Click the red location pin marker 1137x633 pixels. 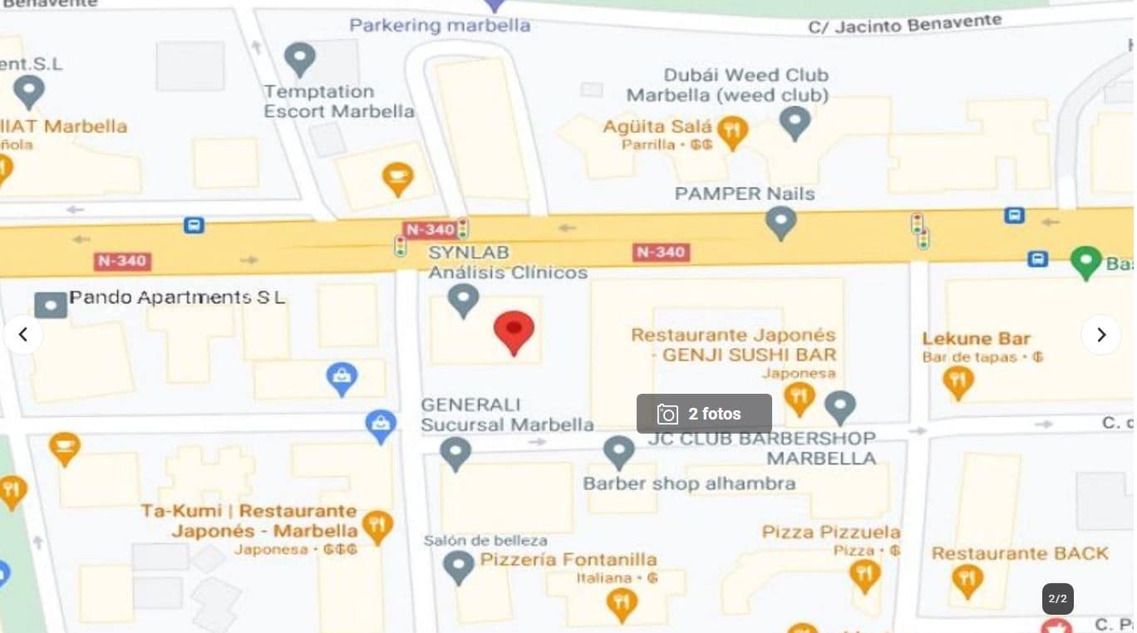(514, 331)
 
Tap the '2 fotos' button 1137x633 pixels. (704, 414)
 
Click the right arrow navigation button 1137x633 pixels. (1100, 335)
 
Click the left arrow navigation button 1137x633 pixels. (23, 335)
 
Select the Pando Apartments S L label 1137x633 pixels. (176, 297)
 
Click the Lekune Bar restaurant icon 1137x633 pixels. (958, 381)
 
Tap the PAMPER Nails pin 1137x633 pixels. (780, 222)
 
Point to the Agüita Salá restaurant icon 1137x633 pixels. (731, 131)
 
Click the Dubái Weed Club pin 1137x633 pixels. (795, 121)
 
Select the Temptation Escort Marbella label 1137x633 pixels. (338, 101)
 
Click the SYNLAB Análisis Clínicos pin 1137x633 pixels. (463, 299)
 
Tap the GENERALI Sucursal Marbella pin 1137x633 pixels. (455, 454)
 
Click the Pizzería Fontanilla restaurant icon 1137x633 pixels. (622, 603)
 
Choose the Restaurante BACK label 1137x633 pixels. (1020, 553)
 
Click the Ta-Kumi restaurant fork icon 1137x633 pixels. (377, 526)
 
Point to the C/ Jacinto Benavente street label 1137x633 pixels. (904, 25)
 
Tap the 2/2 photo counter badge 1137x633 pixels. (1058, 599)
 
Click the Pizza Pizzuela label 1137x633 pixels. (831, 532)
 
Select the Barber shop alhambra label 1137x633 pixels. (689, 483)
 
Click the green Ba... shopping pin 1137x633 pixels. (1085, 262)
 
